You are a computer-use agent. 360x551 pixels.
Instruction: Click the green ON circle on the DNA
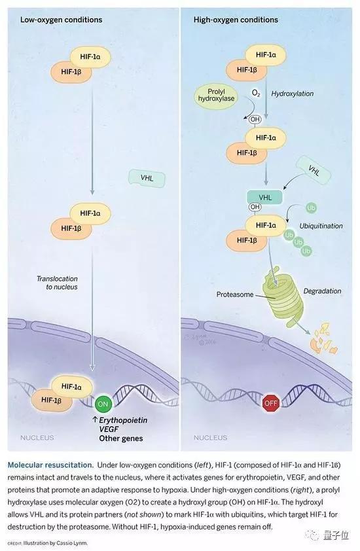pos(103,404)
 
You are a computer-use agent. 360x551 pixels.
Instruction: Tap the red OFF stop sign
pos(271,403)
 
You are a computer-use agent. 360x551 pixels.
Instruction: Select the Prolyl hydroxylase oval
pos(216,96)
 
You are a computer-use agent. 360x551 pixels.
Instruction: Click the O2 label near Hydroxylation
pos(257,94)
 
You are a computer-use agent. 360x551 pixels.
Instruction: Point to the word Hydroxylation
pos(292,94)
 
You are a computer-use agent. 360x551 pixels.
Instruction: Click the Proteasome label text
pos(234,294)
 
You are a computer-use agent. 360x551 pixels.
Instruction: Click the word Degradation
pos(322,291)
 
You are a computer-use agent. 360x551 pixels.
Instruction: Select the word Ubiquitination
pos(321,226)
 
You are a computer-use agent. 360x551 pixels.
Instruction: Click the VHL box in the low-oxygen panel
pos(147,178)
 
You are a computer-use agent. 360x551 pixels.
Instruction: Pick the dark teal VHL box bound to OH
pos(265,197)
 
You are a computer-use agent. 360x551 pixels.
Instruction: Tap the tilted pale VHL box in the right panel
pos(314,171)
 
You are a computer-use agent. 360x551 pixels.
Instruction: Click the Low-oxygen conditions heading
pos(61,20)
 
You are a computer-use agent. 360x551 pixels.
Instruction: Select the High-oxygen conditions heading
pos(236,20)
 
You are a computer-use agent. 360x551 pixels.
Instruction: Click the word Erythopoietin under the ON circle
pos(123,420)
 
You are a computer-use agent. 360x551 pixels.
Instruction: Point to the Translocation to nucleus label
pos(58,283)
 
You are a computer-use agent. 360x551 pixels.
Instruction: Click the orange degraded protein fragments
pos(324,338)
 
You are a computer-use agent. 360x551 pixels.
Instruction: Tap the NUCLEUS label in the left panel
pos(37,438)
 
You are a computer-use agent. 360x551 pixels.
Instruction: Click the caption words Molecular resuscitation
pos(50,465)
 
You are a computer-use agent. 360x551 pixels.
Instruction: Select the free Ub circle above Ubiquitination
pos(311,208)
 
